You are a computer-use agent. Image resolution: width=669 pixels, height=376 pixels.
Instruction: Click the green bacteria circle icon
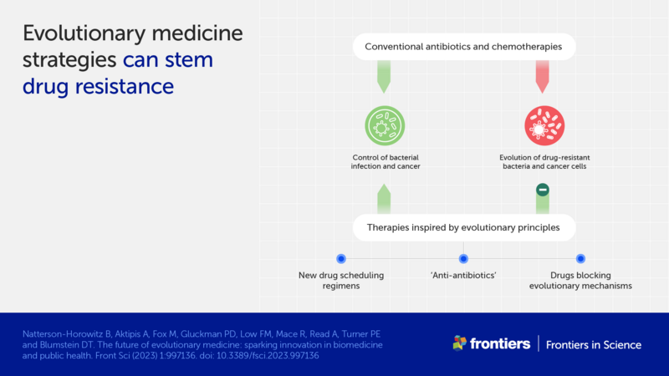tap(385, 126)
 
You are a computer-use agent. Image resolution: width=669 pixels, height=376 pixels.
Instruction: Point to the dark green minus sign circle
tap(542, 190)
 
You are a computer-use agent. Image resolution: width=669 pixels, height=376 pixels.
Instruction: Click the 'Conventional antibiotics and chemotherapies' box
tap(463, 46)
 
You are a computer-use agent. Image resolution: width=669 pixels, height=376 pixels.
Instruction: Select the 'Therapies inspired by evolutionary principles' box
tap(463, 226)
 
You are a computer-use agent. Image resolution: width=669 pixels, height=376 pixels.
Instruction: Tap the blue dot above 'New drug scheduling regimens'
tap(340, 259)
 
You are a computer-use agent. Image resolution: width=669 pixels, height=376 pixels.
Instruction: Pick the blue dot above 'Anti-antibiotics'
tap(463, 259)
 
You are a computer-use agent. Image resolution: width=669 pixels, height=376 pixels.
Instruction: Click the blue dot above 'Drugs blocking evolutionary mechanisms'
tap(580, 259)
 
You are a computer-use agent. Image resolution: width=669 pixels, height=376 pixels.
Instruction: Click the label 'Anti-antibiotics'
tap(463, 275)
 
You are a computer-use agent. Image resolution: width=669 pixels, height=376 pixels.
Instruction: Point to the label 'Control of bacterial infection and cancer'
tap(385, 162)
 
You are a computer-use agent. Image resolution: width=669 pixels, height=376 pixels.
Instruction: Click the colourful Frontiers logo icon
tap(459, 343)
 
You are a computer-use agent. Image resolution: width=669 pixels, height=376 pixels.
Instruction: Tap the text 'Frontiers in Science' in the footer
tap(595, 344)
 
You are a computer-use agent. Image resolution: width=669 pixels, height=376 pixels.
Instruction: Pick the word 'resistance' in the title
tap(128, 86)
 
